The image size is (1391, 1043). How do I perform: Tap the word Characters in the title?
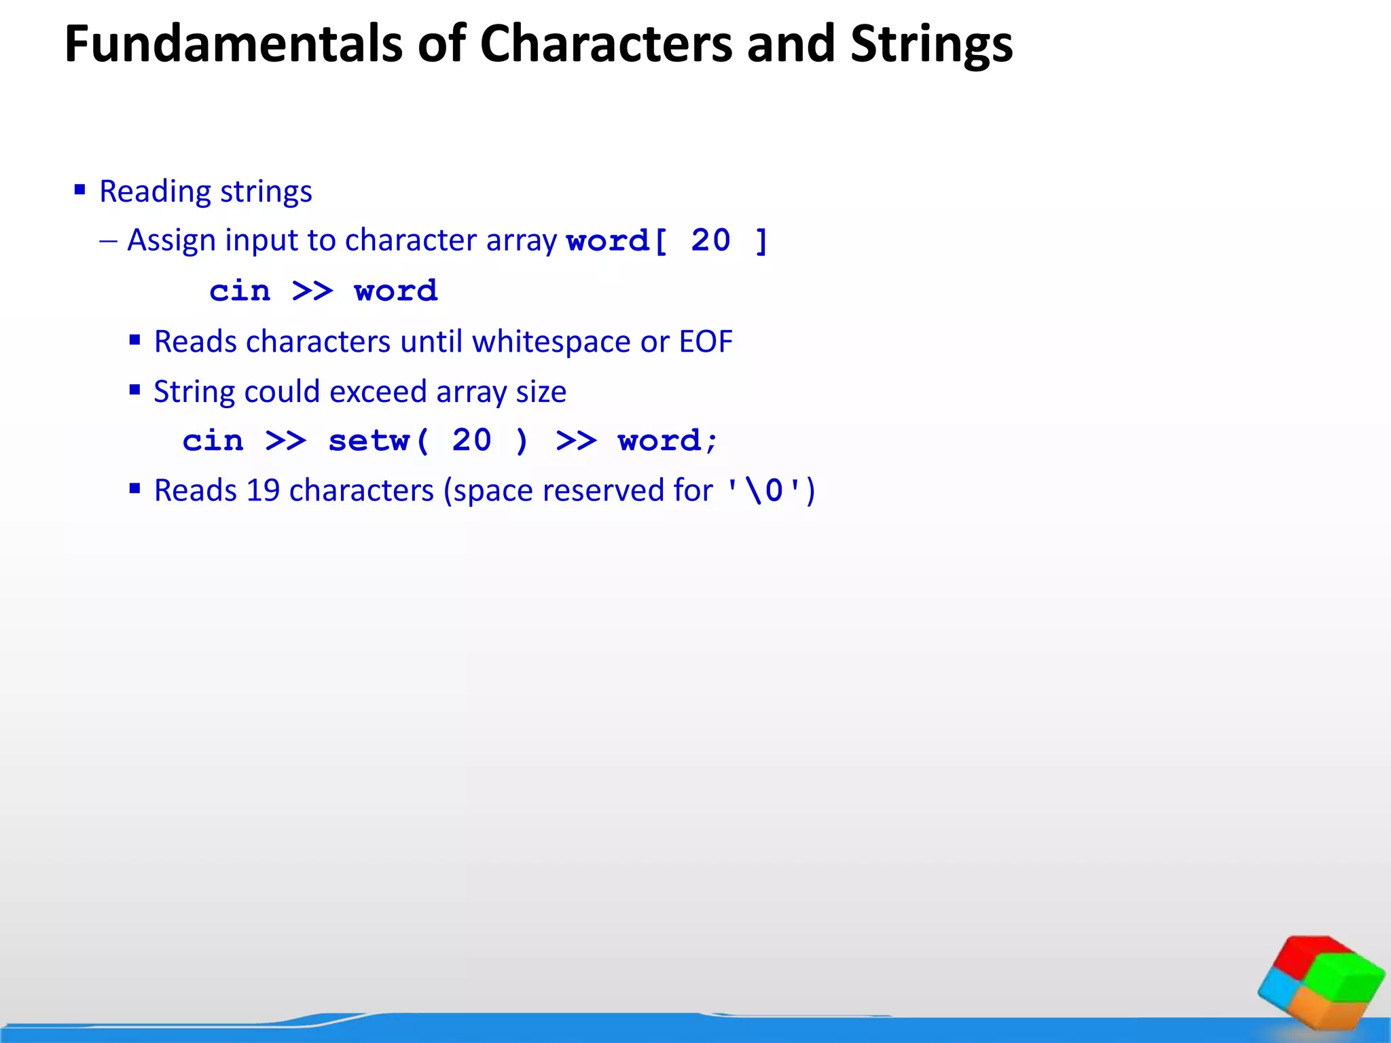click(x=607, y=44)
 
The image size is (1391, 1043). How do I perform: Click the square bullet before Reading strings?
click(x=80, y=190)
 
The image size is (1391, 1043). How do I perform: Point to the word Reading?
click(x=156, y=192)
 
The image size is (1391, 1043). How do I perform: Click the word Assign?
click(x=172, y=240)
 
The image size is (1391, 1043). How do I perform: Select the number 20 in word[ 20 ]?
click(x=710, y=240)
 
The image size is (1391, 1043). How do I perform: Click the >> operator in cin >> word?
click(x=312, y=291)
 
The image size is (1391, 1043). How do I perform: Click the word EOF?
click(x=706, y=342)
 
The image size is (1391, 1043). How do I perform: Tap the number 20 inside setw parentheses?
click(x=472, y=441)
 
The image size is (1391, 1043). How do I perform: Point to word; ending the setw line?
click(x=667, y=441)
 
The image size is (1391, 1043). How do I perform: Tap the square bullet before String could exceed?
click(x=134, y=390)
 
